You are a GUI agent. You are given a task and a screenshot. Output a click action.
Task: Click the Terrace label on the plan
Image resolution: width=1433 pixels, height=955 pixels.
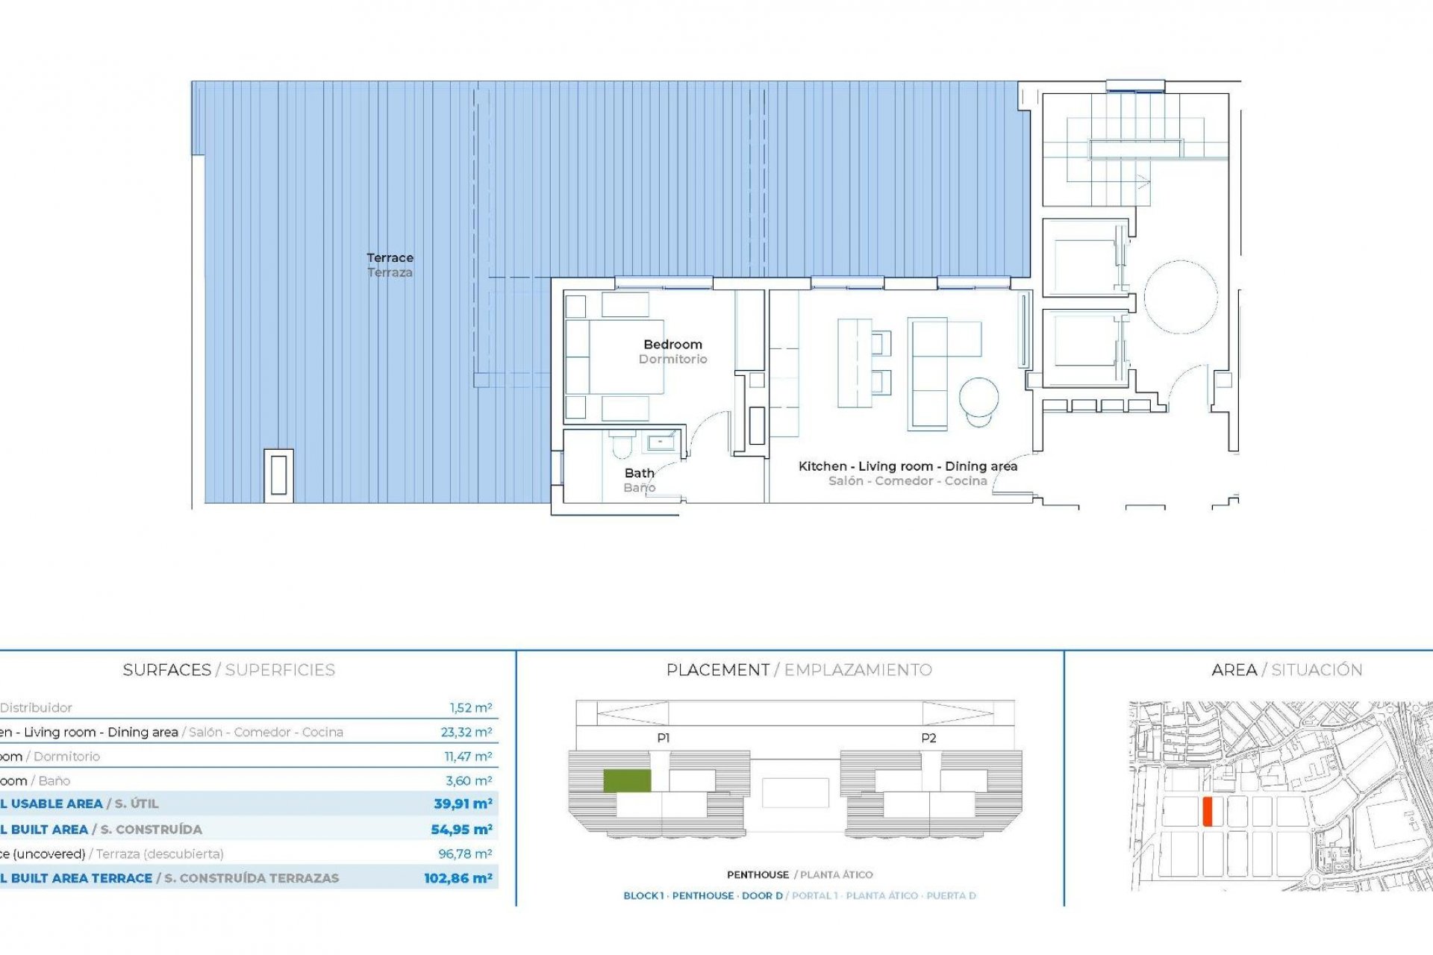coord(390,258)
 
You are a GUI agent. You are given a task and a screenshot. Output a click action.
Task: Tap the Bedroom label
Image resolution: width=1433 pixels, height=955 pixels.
coord(672,345)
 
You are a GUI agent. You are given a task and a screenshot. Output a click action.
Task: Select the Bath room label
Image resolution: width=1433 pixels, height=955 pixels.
coord(639,473)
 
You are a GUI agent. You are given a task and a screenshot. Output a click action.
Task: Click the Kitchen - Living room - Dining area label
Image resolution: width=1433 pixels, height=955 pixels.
coord(908,466)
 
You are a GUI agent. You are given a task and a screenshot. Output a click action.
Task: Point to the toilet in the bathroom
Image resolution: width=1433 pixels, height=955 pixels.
coord(621,446)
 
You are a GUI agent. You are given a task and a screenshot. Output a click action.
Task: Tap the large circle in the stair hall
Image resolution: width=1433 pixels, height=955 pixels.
coord(1181,297)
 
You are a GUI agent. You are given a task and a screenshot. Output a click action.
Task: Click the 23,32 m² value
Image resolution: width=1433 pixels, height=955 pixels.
coord(466,732)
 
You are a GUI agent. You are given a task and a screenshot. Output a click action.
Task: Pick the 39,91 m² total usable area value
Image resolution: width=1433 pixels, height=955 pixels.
coord(463,804)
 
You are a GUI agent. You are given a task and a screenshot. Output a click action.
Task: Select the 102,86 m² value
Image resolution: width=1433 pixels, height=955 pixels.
coord(458,878)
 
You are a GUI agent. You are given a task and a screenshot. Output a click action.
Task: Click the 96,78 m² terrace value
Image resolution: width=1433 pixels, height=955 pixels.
coord(465,854)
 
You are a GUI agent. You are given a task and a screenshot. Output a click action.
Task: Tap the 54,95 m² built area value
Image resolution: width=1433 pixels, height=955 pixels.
coord(461,829)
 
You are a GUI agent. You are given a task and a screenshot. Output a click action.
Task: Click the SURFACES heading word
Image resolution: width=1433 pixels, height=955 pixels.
coord(166,670)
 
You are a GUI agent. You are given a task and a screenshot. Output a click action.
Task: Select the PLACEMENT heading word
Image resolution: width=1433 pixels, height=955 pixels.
coord(717,670)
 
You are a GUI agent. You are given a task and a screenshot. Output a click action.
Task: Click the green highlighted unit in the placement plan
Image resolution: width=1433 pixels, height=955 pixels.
coord(627,780)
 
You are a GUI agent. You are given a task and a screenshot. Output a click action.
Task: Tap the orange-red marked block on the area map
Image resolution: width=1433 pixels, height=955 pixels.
coord(1207,811)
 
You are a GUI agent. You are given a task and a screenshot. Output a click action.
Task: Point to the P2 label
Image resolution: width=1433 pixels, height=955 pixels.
coord(928,738)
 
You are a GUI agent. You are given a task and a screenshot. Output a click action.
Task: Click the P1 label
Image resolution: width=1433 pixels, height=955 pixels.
coord(664,738)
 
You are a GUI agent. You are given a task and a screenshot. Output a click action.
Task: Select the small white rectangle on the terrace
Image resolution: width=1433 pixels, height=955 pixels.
coord(278,475)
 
